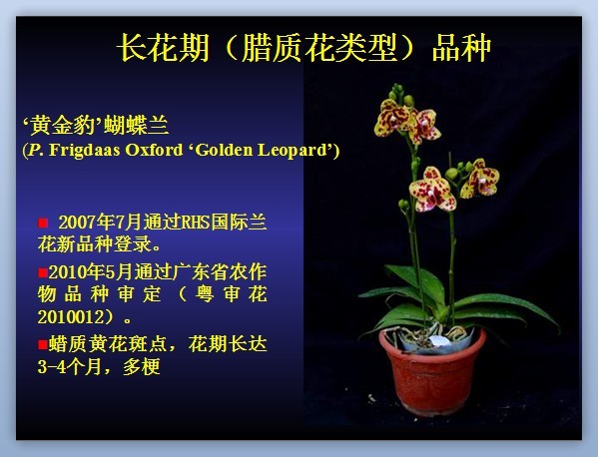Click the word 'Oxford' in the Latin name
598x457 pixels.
click(x=154, y=150)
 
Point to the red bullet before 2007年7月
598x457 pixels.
click(x=43, y=223)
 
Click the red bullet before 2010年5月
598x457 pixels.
click(x=43, y=272)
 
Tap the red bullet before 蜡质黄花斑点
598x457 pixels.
click(x=43, y=344)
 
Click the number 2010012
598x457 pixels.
click(x=71, y=317)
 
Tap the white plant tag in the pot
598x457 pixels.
click(x=439, y=341)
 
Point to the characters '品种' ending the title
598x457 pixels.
click(x=461, y=48)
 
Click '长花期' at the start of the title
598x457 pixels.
click(x=163, y=48)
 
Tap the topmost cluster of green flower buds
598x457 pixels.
click(x=399, y=94)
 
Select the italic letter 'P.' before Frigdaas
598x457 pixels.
click(x=36, y=150)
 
